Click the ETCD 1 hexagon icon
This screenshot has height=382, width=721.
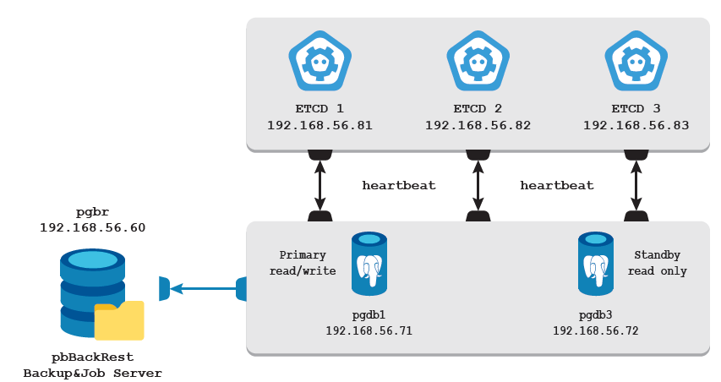point(320,61)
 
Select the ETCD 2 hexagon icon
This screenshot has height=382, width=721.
point(478,61)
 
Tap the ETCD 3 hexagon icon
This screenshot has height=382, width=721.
point(636,61)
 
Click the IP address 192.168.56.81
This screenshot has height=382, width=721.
point(320,125)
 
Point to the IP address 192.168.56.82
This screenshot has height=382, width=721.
point(478,125)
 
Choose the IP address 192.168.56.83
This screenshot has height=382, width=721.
point(636,125)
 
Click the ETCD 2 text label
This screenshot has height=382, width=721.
point(478,109)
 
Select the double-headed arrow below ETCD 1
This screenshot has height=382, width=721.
point(320,186)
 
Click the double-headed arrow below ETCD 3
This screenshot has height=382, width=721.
point(636,186)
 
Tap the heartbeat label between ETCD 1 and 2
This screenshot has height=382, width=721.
point(399,185)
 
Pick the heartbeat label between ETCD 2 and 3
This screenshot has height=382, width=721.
point(557,185)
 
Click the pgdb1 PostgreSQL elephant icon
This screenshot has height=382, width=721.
point(369,265)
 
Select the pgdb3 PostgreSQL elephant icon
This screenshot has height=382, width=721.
point(596,265)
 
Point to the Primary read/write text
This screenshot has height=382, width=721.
point(308,263)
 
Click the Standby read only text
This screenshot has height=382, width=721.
point(658,263)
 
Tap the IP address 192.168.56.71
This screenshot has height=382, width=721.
point(369,330)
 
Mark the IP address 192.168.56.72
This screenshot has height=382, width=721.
point(596,330)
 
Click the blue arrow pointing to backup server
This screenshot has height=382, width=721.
point(203,289)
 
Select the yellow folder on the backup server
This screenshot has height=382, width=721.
point(119,320)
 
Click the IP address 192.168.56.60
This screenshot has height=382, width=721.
point(92,228)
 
